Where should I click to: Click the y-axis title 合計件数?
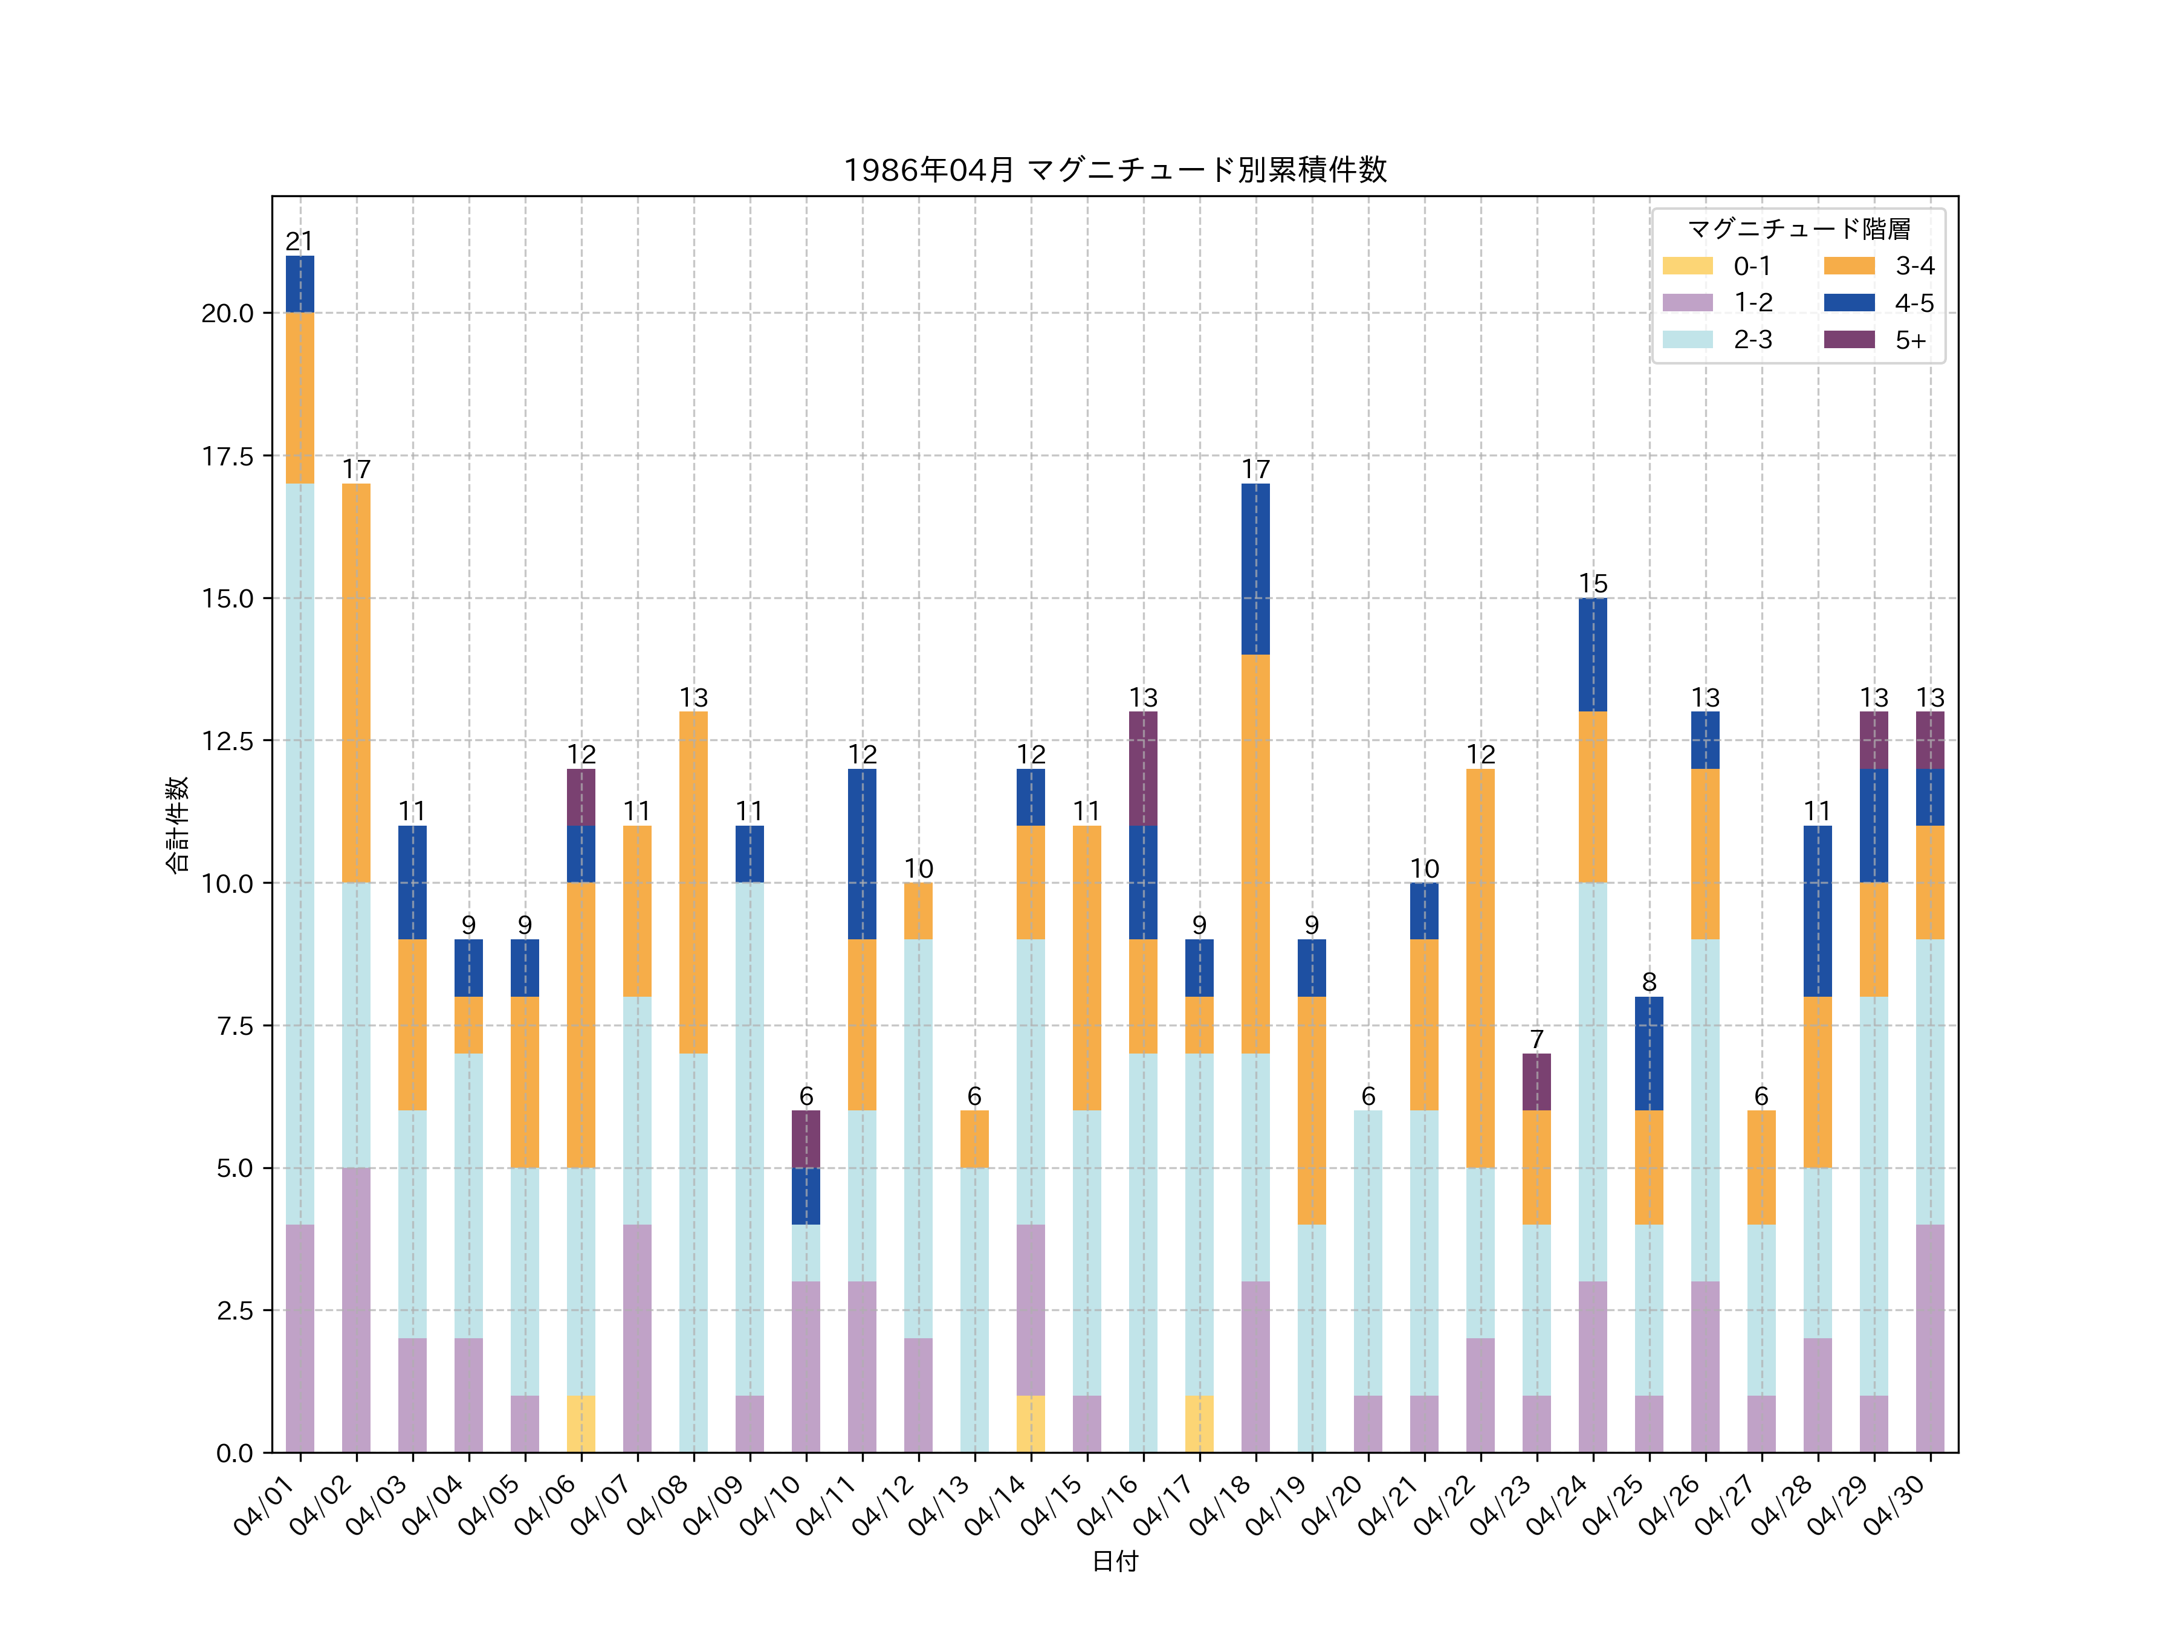[177, 824]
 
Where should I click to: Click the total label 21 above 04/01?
[300, 241]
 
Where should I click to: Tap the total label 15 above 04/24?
[1593, 583]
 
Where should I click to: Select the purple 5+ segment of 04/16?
[1143, 768]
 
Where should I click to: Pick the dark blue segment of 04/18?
[1255, 569]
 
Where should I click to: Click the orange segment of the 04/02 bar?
[356, 682]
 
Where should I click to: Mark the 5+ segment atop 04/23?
[1536, 1082]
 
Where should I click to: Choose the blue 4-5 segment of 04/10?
[806, 1196]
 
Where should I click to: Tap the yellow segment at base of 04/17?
[1199, 1423]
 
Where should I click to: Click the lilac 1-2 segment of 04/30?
[1930, 1338]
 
